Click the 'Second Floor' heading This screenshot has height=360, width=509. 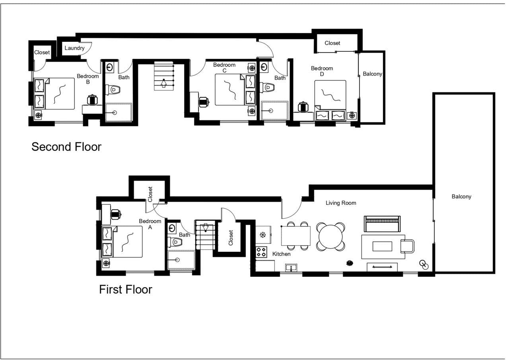coord(66,147)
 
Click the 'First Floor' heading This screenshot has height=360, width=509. coord(125,289)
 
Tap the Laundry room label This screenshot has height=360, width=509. coord(74,48)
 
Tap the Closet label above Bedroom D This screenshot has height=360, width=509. coord(332,43)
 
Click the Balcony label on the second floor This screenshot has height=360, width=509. coord(372,74)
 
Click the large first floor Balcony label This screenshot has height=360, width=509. coord(461,197)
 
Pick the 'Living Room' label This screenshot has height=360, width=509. coord(341,203)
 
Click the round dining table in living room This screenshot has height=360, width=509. coord(330,236)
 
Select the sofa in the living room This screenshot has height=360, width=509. coord(382,224)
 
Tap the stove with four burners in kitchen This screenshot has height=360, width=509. coord(261,252)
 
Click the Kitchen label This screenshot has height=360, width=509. coord(281,254)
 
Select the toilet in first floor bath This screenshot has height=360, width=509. coord(175,242)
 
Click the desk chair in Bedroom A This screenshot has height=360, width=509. coord(116,214)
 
